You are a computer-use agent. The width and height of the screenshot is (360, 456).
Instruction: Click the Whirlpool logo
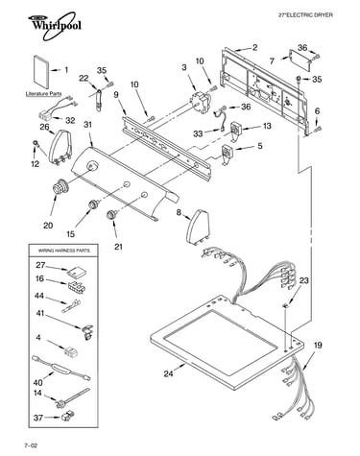53,26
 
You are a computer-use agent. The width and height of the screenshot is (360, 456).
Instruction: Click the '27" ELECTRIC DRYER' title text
305,14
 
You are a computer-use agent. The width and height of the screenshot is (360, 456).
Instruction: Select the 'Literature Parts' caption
43,94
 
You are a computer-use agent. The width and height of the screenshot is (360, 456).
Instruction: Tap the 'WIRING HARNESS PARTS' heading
64,251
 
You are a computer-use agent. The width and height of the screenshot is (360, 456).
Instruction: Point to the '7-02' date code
31,445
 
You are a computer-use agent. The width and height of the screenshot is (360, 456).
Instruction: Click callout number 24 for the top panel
169,373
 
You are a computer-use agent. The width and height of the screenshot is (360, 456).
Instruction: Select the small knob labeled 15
93,204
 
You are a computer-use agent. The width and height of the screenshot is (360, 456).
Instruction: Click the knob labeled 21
111,214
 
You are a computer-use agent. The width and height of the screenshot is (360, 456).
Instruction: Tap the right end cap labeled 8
198,227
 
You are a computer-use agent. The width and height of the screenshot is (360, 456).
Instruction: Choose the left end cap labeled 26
60,147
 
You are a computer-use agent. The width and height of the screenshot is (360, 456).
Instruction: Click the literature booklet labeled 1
41,73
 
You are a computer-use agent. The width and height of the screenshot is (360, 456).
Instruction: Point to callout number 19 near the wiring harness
318,346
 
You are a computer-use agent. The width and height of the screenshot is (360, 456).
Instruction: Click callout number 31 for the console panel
87,125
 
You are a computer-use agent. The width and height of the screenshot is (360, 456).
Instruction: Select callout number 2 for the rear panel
254,48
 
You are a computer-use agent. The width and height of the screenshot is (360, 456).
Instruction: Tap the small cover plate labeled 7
300,60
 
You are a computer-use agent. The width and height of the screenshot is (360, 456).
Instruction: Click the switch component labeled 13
237,130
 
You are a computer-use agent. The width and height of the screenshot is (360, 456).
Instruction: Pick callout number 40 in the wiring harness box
37,382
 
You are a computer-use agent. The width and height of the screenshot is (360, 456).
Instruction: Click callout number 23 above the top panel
304,280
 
